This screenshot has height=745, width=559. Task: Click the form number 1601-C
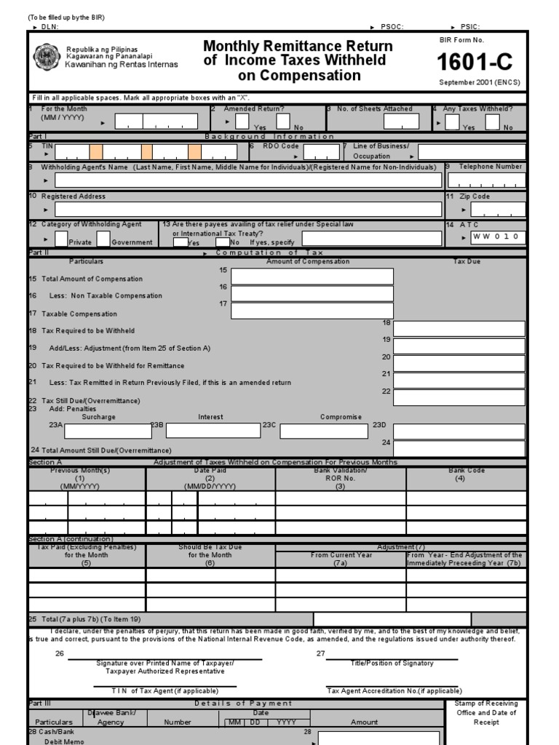click(480, 62)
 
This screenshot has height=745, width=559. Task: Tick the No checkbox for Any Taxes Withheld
click(493, 121)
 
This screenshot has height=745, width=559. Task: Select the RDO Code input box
click(321, 152)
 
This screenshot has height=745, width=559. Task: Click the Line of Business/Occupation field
click(472, 152)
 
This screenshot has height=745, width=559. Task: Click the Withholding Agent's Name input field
click(248, 180)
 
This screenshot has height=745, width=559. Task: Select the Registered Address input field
click(248, 210)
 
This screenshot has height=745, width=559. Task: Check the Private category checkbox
click(61, 239)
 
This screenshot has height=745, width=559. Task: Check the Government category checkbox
click(103, 239)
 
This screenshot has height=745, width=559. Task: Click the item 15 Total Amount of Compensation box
click(312, 276)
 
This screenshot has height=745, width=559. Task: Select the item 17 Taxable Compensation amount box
click(312, 311)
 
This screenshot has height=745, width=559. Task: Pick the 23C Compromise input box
click(324, 431)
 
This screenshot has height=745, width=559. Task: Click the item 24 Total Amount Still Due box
click(459, 448)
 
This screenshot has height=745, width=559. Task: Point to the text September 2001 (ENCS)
click(479, 82)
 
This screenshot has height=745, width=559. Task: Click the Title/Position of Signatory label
click(392, 663)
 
